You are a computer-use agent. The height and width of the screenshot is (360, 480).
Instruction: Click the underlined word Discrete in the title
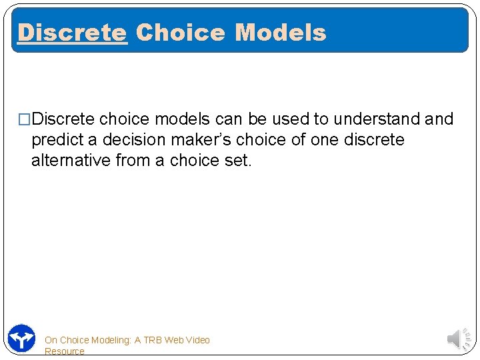click(x=72, y=32)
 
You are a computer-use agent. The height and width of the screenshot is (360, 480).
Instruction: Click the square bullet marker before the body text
click(x=25, y=119)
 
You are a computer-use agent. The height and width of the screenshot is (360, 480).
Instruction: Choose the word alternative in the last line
click(x=71, y=160)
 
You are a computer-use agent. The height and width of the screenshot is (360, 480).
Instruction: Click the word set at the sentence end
click(x=239, y=160)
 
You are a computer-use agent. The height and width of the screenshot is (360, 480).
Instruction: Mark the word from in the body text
click(x=135, y=160)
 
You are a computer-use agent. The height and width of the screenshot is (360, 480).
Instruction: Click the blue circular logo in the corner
click(x=22, y=339)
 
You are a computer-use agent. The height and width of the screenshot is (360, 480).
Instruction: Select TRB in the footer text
click(x=153, y=340)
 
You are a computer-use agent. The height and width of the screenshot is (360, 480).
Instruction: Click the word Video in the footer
click(x=197, y=340)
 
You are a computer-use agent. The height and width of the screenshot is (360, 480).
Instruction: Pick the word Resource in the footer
click(x=65, y=351)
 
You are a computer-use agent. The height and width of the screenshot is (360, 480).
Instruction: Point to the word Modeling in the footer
click(x=110, y=340)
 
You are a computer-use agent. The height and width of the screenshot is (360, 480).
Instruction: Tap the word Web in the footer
click(x=173, y=340)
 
